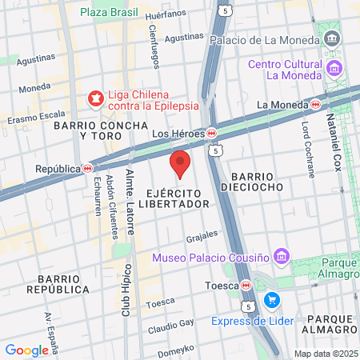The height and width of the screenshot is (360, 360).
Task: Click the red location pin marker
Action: (180, 163)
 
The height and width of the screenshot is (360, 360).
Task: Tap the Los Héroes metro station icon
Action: (212, 133)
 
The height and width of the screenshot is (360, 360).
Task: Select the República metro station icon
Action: (88, 169)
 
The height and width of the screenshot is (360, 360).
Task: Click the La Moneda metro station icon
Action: (316, 104)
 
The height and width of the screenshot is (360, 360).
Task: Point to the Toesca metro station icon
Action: (247, 285)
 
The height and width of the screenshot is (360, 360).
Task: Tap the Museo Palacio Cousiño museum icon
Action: (281, 257)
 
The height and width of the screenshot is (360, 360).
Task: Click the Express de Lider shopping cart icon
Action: (273, 300)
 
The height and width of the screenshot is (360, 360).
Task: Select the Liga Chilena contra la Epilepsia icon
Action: (96, 98)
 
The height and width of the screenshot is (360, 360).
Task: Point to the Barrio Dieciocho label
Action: (257, 181)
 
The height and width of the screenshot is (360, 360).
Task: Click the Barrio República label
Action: (57, 283)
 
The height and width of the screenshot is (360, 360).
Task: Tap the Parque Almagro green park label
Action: (336, 269)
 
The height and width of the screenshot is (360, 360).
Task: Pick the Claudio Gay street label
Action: (170, 325)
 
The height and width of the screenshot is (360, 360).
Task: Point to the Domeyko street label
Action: (175, 350)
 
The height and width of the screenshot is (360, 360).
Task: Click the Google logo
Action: (26, 350)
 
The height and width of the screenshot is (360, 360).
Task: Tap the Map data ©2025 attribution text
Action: (325, 354)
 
